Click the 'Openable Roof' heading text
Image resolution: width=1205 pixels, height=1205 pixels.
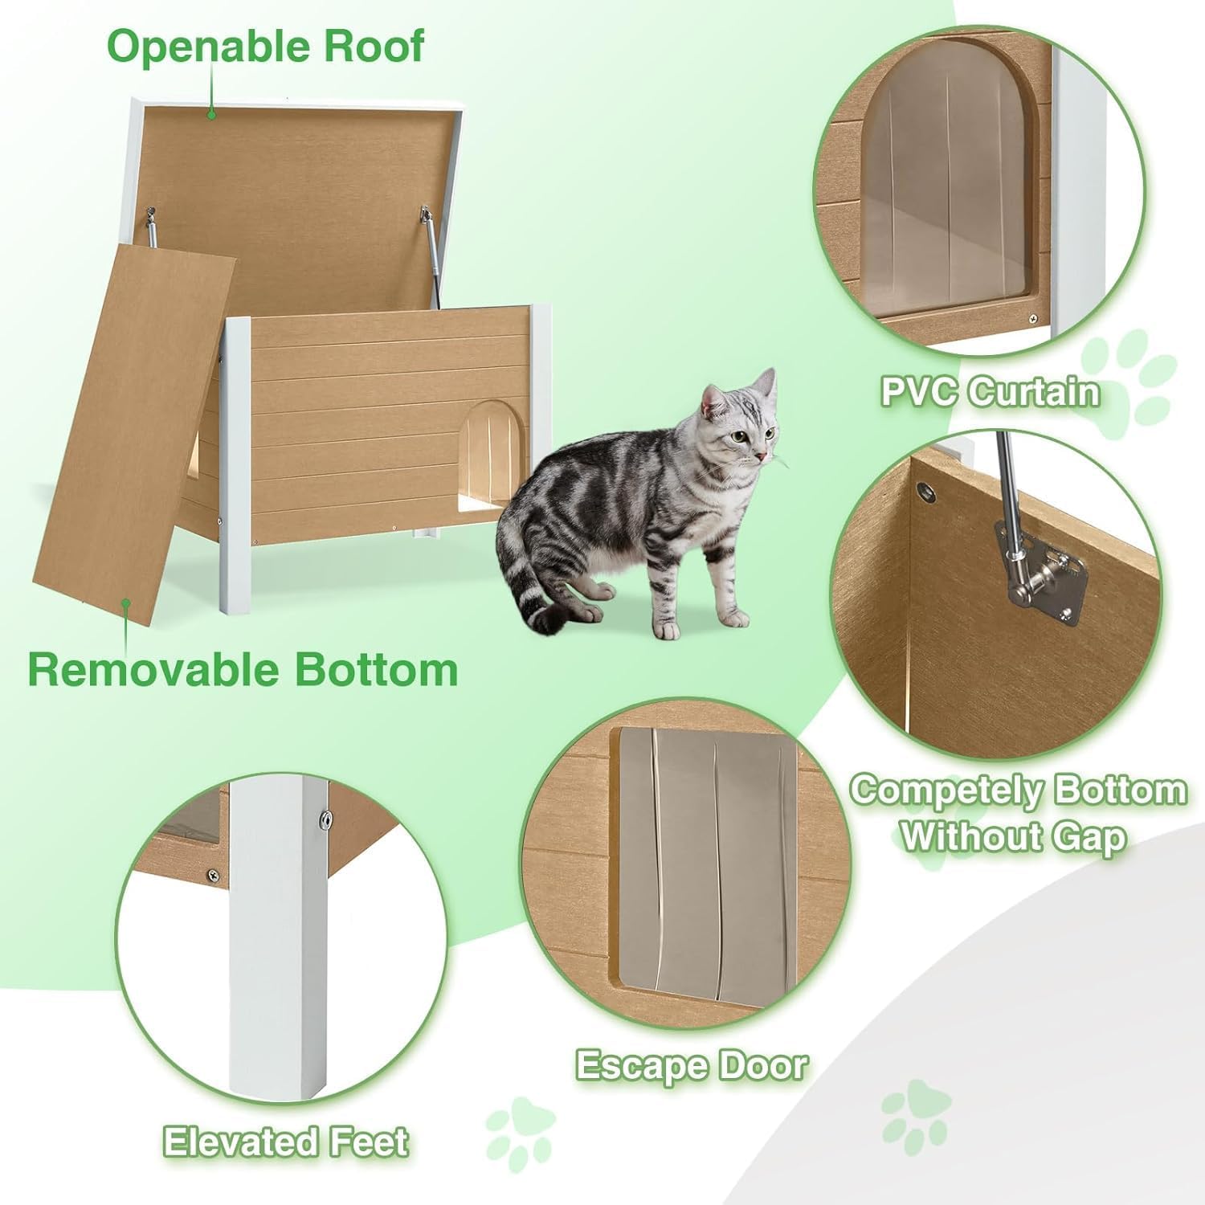[265, 47]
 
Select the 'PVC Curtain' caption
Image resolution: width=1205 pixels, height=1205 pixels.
[990, 392]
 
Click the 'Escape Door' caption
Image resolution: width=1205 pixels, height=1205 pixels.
[692, 1065]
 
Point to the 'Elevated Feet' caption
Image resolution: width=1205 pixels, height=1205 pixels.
[286, 1141]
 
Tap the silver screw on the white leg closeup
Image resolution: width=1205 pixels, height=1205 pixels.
[325, 819]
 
